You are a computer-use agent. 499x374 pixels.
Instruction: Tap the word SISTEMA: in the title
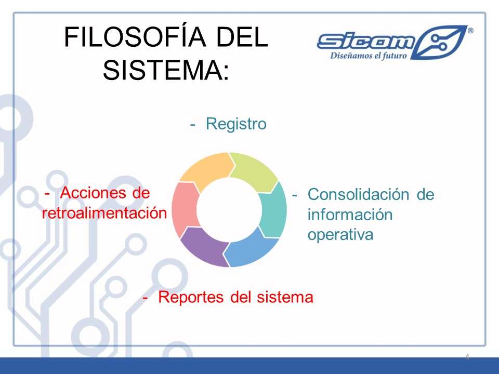[x=166, y=70]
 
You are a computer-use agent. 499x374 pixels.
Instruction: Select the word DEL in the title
[x=242, y=37]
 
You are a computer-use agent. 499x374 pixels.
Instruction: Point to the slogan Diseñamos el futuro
[x=369, y=56]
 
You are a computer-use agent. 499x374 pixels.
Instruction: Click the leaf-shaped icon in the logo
[x=439, y=42]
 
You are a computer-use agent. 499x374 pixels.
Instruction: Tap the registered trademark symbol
[x=470, y=31]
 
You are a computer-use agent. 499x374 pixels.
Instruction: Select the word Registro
[x=236, y=124]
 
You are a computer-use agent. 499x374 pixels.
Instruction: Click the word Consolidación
[x=358, y=194]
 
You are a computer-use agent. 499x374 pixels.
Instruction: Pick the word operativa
[x=340, y=235]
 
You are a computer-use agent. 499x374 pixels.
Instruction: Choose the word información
[x=350, y=215]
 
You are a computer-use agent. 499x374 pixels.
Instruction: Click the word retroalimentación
[x=104, y=213]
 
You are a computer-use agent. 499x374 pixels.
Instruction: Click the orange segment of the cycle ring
[x=207, y=170]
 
